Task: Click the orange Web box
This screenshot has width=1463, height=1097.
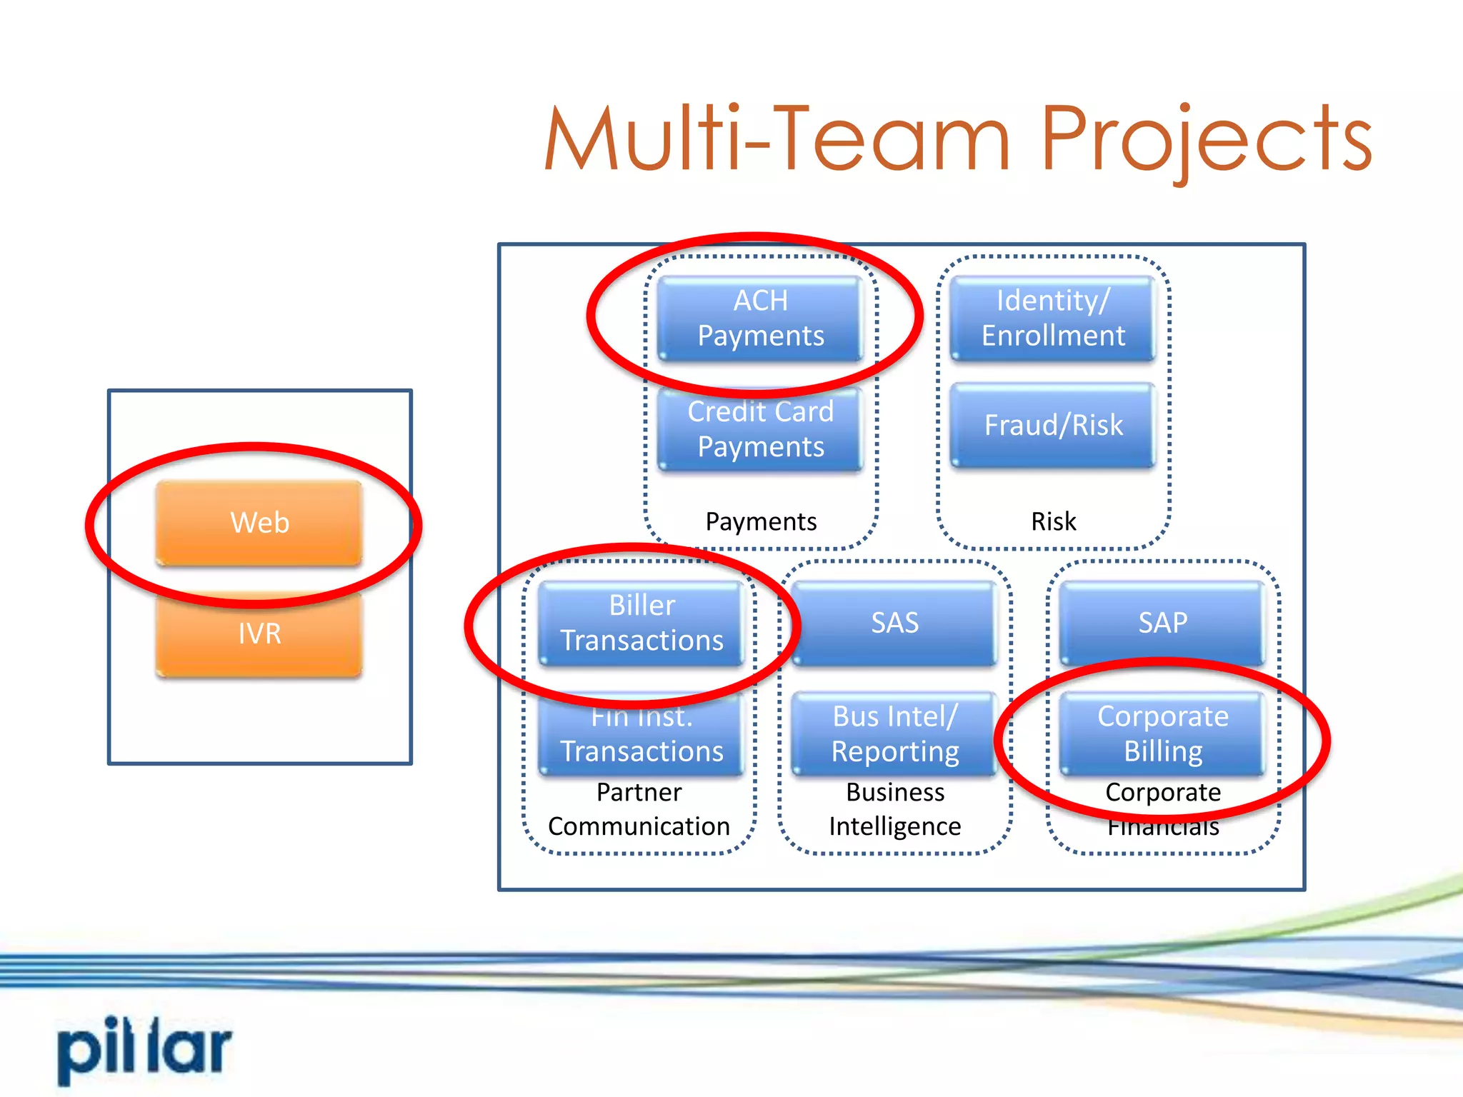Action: [259, 523]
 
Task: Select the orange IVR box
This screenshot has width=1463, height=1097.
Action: [259, 634]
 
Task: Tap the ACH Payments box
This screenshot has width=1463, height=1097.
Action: [760, 319]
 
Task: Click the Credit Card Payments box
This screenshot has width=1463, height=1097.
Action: [760, 429]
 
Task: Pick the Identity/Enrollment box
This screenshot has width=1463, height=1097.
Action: [1053, 319]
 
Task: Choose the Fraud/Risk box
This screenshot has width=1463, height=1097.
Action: [1053, 426]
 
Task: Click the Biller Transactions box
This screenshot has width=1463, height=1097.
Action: [641, 623]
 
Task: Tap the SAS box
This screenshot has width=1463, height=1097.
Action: [894, 623]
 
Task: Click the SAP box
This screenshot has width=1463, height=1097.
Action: [1162, 623]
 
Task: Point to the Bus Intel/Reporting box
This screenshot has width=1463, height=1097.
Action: [894, 734]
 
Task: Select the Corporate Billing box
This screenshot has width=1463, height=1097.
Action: [1162, 734]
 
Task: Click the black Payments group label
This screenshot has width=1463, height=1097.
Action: [760, 522]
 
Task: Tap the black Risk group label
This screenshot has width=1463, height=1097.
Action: [1053, 522]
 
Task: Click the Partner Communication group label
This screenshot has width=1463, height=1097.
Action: [639, 809]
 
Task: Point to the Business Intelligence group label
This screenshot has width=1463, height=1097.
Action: [894, 809]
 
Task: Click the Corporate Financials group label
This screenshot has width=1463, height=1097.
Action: [1162, 809]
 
